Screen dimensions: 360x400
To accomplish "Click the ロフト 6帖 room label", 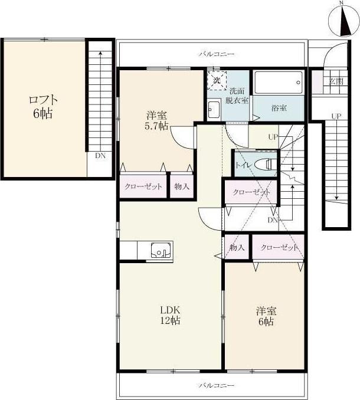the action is pyautogui.click(x=43, y=107).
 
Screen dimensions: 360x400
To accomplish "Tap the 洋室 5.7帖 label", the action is pyautogui.click(x=156, y=121).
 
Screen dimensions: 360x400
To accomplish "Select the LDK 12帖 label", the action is pyautogui.click(x=170, y=315).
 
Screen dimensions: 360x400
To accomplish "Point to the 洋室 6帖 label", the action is pyautogui.click(x=266, y=316).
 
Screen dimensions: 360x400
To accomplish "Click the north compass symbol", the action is pyautogui.click(x=343, y=20).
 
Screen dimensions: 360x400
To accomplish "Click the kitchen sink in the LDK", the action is pyautogui.click(x=162, y=250).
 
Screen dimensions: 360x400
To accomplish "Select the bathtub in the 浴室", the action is pyautogui.click(x=279, y=83).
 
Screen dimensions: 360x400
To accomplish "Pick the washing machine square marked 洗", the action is pyautogui.click(x=217, y=80).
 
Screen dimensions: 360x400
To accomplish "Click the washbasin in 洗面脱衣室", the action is pyautogui.click(x=214, y=110).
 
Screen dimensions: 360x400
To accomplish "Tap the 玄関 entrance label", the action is pyautogui.click(x=336, y=81).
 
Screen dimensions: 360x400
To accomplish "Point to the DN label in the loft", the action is pyautogui.click(x=100, y=156).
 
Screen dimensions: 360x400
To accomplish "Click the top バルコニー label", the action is pyautogui.click(x=217, y=54).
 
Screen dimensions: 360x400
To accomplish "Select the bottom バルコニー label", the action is pyautogui.click(x=217, y=385).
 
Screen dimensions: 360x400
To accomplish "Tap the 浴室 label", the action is pyautogui.click(x=279, y=108).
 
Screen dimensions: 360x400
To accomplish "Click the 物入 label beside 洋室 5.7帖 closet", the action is pyautogui.click(x=182, y=186).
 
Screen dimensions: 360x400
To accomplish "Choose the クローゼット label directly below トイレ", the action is pyautogui.click(x=251, y=192).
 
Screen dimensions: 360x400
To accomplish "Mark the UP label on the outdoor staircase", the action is pyautogui.click(x=336, y=116).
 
